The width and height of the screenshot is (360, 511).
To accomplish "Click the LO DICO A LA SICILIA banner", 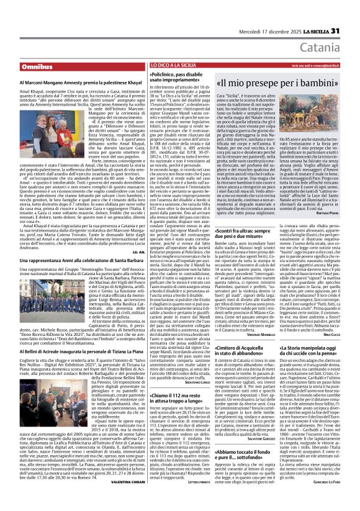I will tap(171, 65).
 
